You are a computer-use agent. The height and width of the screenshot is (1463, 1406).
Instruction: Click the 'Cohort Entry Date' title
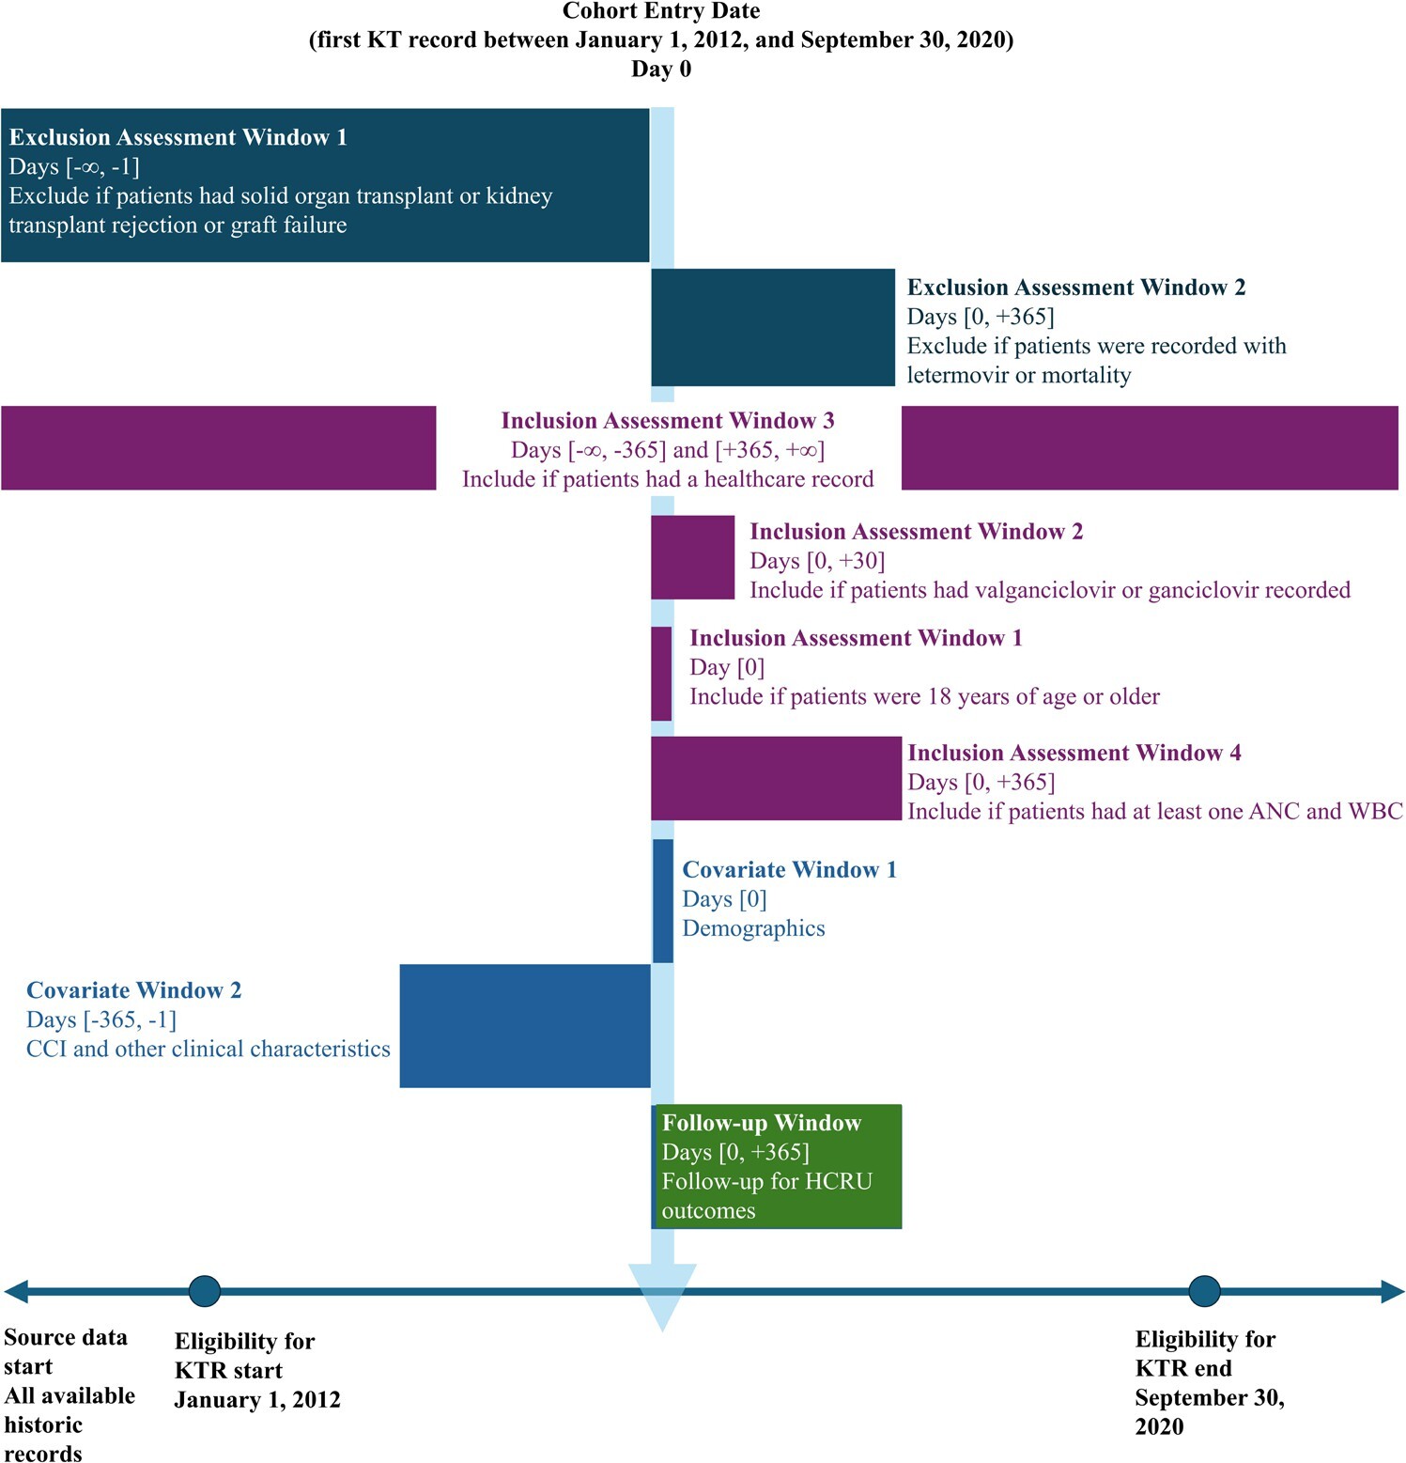coord(660,11)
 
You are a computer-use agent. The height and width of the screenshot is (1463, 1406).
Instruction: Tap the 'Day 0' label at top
coord(660,69)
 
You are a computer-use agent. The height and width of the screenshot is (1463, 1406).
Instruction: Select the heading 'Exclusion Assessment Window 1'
coord(178,137)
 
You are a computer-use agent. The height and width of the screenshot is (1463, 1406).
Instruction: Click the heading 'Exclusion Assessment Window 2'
coord(1076,288)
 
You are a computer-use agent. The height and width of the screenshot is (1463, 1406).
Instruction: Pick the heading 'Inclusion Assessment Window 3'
coord(667,420)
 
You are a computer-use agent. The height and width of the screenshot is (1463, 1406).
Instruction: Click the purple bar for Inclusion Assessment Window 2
coord(692,557)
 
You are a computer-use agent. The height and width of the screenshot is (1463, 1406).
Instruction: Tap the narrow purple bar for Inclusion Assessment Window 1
coord(661,673)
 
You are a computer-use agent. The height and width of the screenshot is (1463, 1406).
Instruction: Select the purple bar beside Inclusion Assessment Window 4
coord(776,778)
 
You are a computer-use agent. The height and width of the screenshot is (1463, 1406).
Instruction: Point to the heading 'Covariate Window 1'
coord(789,869)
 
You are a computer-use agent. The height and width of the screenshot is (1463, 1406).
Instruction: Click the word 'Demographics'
coord(753,928)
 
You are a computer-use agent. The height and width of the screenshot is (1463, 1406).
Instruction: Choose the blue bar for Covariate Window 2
coord(524,1025)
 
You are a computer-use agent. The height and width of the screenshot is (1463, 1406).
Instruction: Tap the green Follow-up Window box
coord(778,1166)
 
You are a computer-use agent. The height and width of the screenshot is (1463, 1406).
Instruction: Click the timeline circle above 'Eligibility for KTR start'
coord(205,1291)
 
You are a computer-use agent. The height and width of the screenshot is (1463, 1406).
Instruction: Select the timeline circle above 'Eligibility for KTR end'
coord(1204,1291)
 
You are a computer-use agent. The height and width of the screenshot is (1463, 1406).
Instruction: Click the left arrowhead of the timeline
coord(16,1291)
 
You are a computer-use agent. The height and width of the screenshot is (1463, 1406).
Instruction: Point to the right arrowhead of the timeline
coord(1392,1291)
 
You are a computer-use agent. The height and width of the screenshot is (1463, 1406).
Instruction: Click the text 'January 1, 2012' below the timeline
coord(257,1400)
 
